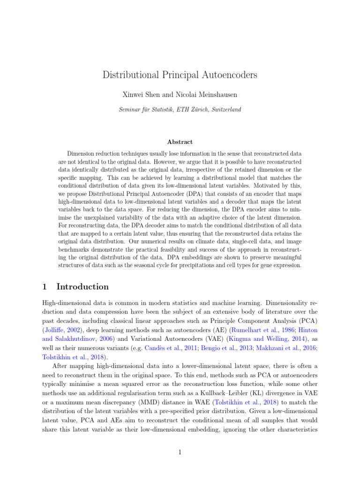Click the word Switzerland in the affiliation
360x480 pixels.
click(x=225, y=109)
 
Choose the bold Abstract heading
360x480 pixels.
click(x=180, y=142)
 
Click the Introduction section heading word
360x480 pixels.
click(x=82, y=286)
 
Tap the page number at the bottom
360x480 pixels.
click(x=180, y=452)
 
